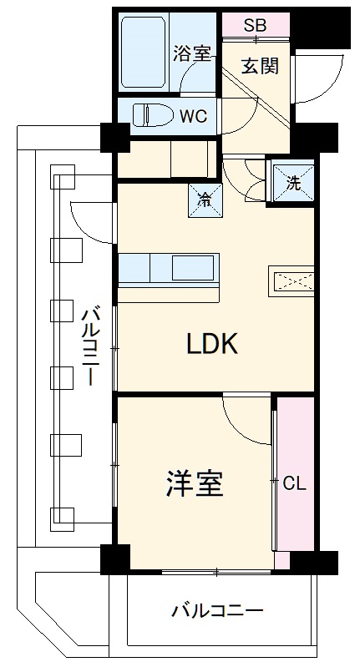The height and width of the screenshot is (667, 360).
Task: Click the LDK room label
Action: click(x=212, y=344)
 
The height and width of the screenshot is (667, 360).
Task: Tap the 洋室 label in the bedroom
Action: click(x=195, y=483)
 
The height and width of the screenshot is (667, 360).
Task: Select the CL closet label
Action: click(x=293, y=483)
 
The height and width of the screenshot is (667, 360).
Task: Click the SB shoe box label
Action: click(x=256, y=26)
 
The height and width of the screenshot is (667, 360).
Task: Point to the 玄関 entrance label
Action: click(x=259, y=64)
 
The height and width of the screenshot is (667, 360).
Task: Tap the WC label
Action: click(x=195, y=114)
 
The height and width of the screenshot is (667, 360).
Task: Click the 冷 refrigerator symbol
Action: click(x=205, y=198)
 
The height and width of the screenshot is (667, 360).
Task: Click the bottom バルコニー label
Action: click(x=217, y=610)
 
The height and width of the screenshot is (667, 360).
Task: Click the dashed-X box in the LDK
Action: click(x=291, y=282)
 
